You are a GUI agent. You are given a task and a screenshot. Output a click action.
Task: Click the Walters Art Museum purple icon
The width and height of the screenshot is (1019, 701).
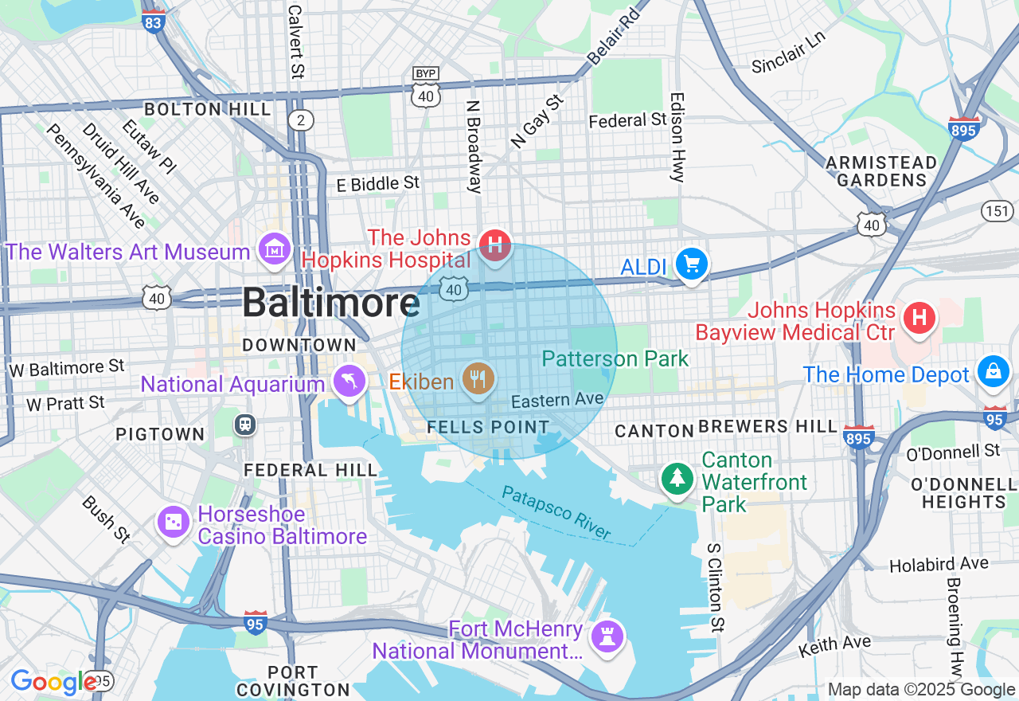275,250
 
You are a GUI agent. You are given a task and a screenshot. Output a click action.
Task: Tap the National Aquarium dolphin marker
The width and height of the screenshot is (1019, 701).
349,382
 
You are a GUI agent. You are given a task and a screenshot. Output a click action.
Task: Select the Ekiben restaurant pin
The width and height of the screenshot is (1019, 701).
478,378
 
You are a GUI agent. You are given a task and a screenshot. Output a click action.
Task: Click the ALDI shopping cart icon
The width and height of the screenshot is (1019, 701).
691,264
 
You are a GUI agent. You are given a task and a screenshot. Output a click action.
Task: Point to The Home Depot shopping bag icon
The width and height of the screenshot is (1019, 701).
994,372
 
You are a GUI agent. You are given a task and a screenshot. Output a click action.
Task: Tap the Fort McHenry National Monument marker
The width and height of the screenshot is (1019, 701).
607,636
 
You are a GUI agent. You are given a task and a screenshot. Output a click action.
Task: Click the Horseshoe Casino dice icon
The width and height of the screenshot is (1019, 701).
173,523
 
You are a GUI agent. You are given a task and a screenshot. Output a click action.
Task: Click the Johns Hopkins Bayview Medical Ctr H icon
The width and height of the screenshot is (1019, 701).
919,319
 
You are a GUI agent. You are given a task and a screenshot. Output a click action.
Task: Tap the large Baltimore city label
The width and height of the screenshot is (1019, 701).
330,304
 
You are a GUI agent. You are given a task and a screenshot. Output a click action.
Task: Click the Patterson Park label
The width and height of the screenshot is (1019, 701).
615,358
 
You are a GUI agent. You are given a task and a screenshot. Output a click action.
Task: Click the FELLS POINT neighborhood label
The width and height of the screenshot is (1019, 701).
488,427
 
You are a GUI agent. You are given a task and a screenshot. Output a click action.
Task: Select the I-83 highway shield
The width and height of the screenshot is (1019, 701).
154,21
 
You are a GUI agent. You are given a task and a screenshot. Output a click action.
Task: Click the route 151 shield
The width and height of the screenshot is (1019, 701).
995,210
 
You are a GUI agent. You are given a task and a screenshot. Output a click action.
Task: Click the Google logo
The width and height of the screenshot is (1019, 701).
54,682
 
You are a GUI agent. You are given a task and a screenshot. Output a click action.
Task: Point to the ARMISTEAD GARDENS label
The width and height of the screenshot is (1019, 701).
881,171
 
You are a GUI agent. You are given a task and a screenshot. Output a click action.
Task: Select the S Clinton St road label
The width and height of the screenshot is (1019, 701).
716,589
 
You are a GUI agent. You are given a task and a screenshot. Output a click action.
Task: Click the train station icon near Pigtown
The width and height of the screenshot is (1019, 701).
245,424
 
